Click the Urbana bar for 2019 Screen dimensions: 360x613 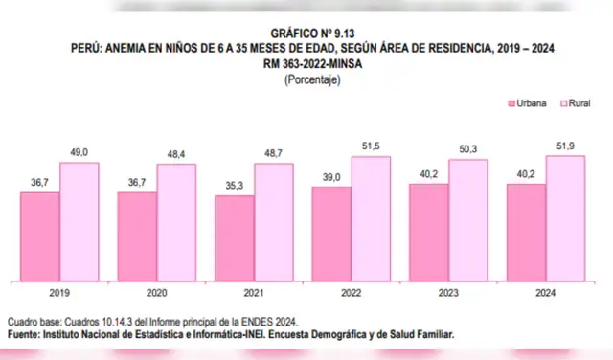(40, 236)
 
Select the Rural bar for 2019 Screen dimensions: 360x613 (79, 222)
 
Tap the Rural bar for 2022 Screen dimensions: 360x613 (370, 219)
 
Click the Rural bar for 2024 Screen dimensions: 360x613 (565, 218)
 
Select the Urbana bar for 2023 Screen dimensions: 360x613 (428, 233)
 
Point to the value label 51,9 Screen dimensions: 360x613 (565, 146)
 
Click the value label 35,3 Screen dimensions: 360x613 (235, 188)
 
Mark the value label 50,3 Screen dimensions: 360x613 (467, 150)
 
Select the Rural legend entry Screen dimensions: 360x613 (573, 102)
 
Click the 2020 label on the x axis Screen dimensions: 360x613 (156, 295)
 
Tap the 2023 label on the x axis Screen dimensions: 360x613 (448, 295)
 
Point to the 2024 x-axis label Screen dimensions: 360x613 (546, 295)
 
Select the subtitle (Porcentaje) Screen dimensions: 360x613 (306, 80)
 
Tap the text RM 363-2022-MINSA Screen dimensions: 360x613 (306, 64)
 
